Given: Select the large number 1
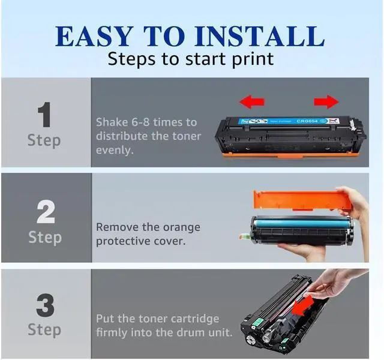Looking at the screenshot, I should [44, 115].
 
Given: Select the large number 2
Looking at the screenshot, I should [45, 211].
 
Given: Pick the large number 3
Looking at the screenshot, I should [45, 305].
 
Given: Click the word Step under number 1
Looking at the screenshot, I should [44, 141].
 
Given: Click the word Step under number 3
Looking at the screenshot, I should [44, 329].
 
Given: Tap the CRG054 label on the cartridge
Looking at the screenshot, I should [308, 120].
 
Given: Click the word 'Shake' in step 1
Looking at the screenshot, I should [112, 122].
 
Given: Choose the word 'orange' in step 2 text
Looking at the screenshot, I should [181, 228].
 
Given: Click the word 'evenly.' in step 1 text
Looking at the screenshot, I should [114, 150].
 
